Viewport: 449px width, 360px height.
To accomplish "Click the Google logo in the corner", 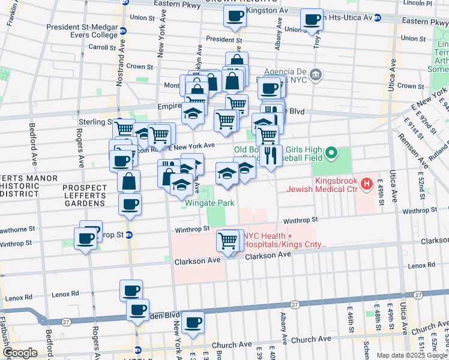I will tap(19, 353).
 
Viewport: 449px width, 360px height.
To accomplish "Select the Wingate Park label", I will tap(209, 203).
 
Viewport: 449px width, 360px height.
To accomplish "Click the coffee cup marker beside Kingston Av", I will tap(234, 16).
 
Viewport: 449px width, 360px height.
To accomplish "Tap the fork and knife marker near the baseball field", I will tap(272, 155).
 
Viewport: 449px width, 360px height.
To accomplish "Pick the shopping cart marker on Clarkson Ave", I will tap(228, 241).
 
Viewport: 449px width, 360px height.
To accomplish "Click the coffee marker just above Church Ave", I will tap(193, 323).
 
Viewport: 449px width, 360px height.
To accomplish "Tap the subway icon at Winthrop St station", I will tap(128, 234).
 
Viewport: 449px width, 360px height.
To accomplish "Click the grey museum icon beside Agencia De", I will tap(317, 74).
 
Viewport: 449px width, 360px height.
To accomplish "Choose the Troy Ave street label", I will tap(316, 38).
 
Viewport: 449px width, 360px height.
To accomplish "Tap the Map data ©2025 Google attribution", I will tap(411, 355).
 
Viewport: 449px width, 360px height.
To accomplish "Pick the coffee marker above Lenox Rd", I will tap(131, 291).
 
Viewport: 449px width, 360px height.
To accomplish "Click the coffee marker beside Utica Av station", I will tap(312, 20).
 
